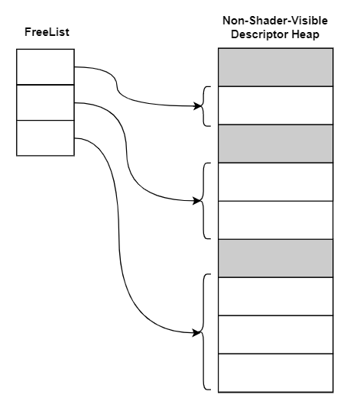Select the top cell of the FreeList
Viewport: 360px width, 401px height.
45,66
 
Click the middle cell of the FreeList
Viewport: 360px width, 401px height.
45,102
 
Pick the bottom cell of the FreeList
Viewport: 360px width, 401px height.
45,137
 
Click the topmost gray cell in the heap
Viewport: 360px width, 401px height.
276,67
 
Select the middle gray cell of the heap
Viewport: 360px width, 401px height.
276,144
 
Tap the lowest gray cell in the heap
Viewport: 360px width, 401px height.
276,258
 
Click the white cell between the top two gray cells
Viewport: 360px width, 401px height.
276,105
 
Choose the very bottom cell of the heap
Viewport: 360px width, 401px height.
276,372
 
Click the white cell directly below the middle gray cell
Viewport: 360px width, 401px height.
276,182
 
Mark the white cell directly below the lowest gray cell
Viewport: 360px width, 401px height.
276,296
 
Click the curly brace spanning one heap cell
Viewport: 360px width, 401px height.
205,105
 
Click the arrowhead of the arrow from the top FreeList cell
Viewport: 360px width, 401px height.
198,105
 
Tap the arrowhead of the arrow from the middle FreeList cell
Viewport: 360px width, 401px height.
198,201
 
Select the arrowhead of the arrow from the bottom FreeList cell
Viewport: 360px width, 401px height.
198,333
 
